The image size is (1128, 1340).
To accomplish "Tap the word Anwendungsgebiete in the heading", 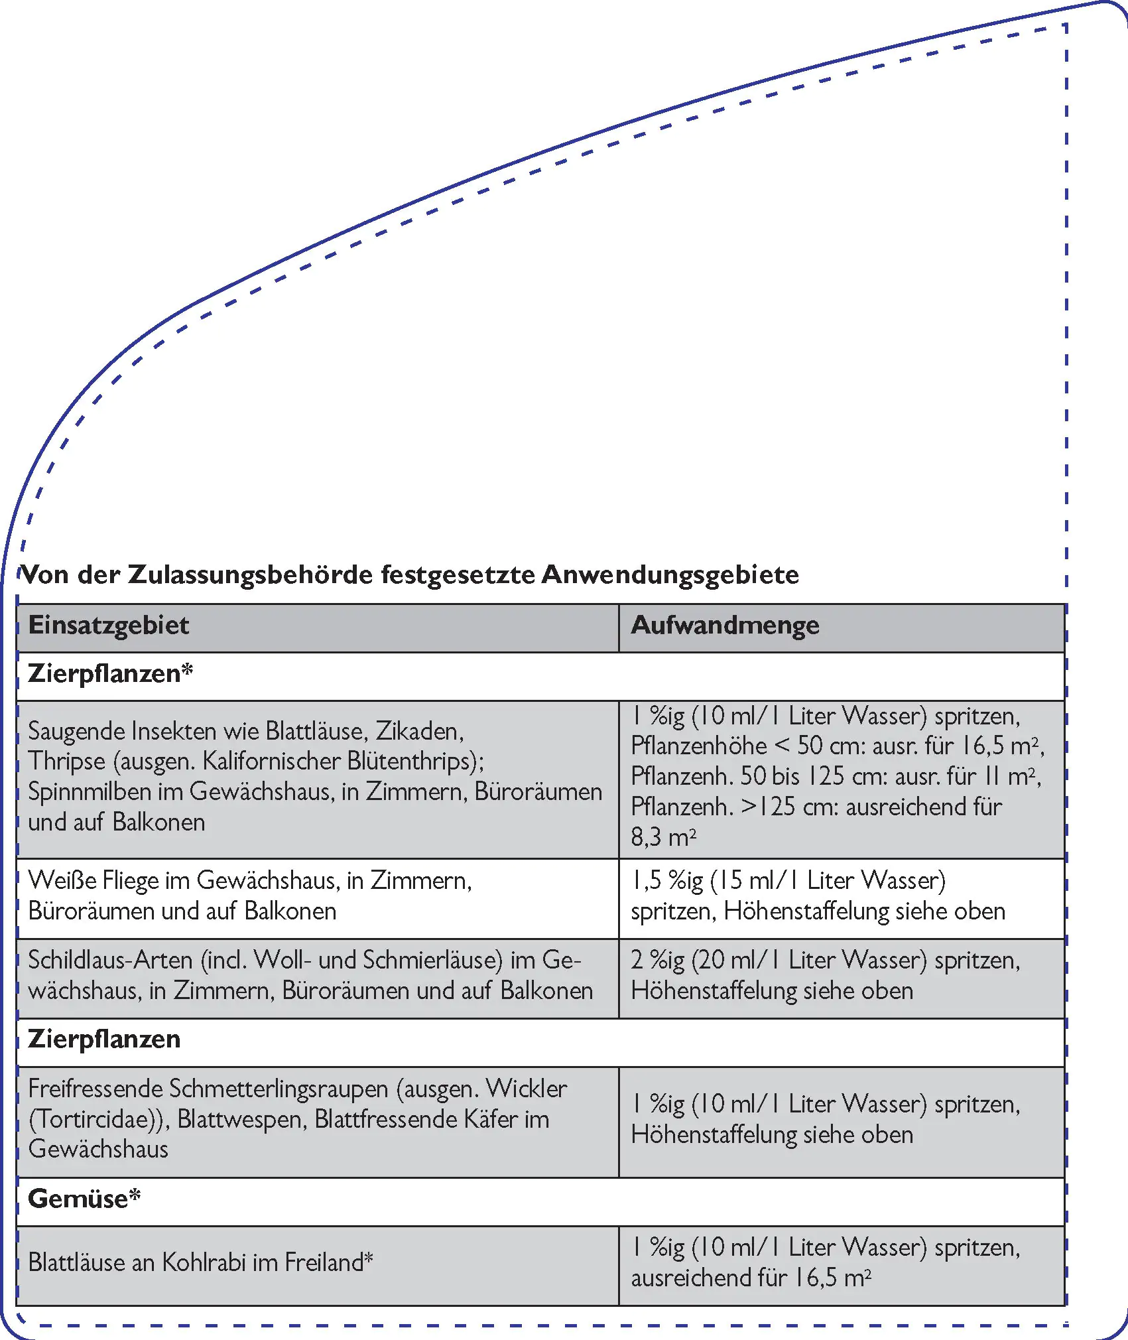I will (x=670, y=574).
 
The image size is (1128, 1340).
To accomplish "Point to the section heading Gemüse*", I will (x=84, y=1199).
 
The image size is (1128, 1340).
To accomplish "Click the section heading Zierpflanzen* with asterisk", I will (x=110, y=674).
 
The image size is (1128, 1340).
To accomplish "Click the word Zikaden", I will (x=419, y=731).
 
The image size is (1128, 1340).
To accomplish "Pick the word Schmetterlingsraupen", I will (x=279, y=1089).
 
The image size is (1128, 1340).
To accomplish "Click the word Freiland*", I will (x=328, y=1262).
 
